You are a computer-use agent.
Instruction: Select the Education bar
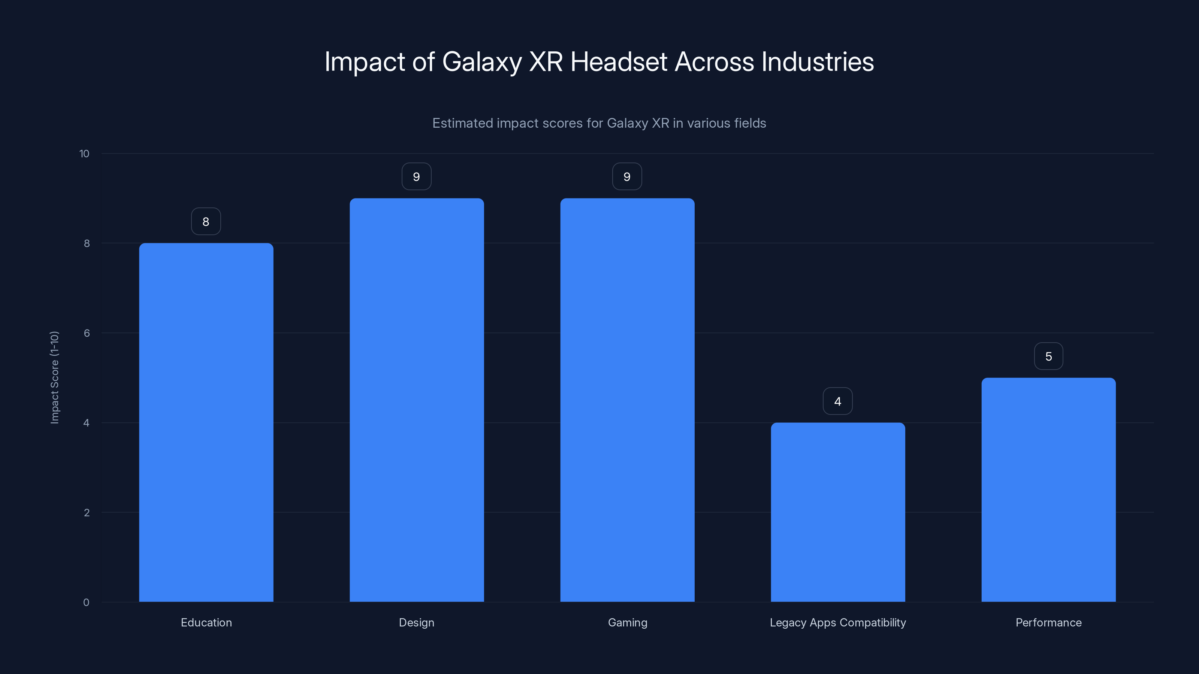click(206, 422)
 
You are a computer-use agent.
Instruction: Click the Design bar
click(417, 400)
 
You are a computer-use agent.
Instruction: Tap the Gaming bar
click(627, 400)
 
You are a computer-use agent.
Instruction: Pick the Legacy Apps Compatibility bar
click(838, 512)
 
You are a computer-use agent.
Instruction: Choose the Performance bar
click(1048, 490)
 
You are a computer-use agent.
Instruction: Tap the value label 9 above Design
click(417, 177)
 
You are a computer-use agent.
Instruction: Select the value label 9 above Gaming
click(627, 177)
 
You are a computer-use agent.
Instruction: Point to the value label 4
click(838, 401)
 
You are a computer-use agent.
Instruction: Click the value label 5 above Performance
click(1048, 357)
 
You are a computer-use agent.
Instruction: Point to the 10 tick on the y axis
click(84, 154)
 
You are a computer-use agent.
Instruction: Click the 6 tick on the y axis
click(87, 333)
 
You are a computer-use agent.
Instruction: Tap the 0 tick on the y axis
click(86, 602)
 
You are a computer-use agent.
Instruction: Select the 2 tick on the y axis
click(87, 513)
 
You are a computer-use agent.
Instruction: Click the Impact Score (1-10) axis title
click(54, 378)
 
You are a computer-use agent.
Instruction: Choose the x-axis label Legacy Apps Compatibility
click(838, 622)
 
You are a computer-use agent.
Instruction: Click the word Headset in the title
click(619, 62)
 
